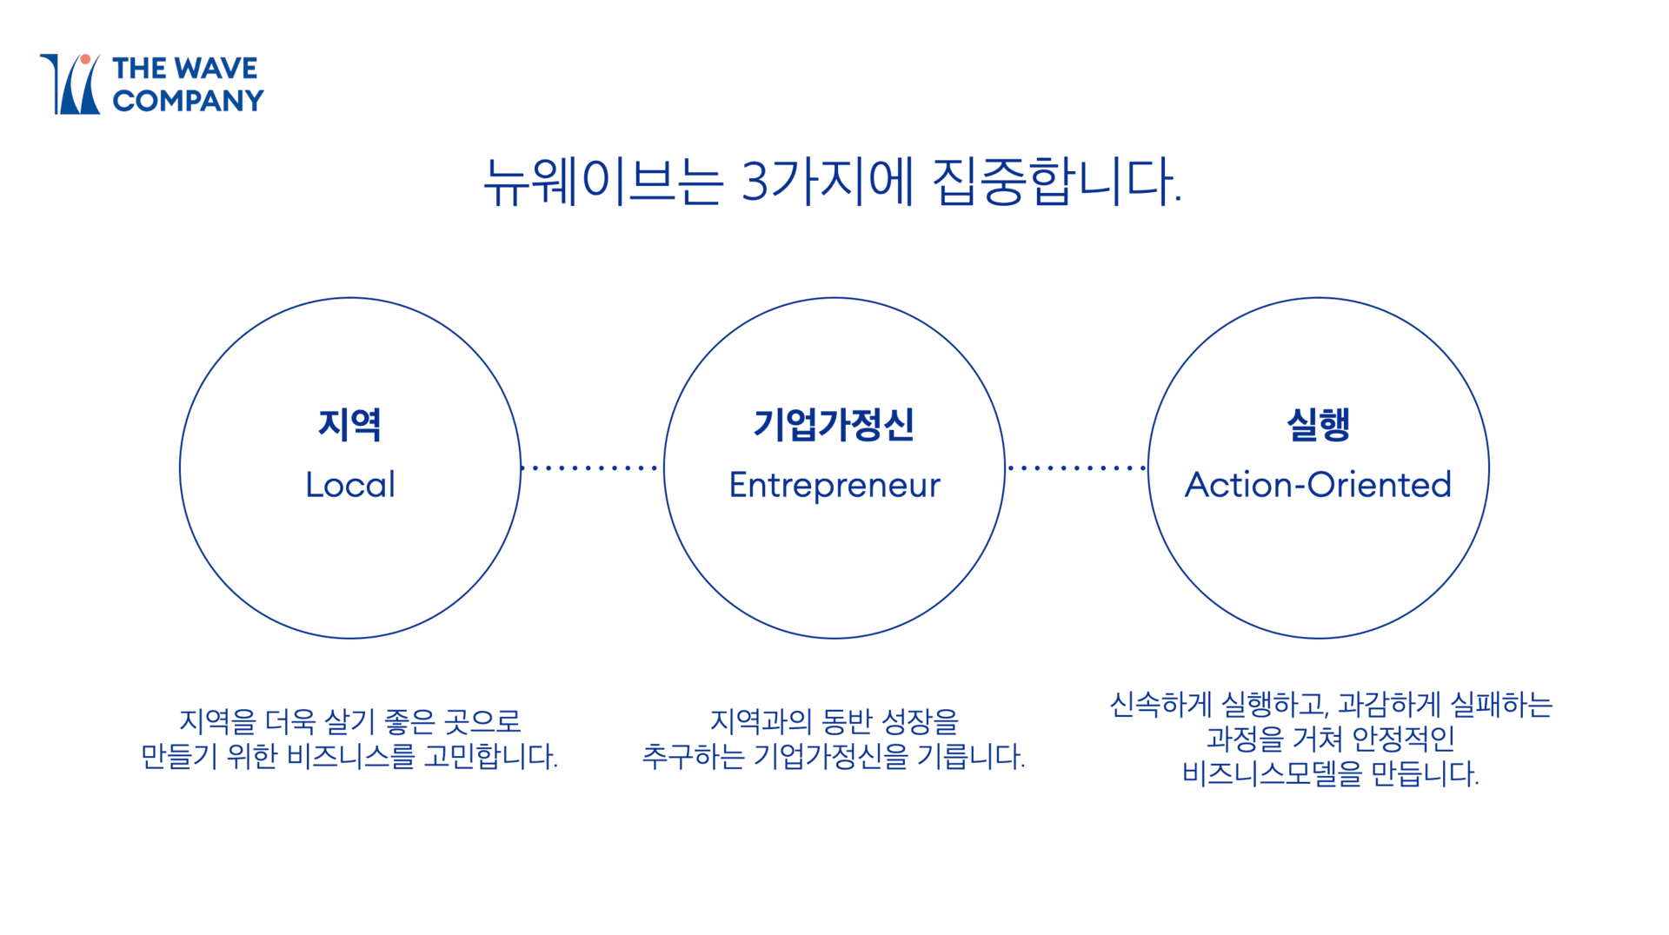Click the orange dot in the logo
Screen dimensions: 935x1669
coord(85,60)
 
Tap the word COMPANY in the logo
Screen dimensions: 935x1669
coord(188,101)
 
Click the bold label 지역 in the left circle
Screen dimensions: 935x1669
coord(349,424)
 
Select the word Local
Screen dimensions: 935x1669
coord(349,485)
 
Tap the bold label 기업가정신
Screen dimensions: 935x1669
coord(834,424)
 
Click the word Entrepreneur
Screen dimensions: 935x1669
coord(834,485)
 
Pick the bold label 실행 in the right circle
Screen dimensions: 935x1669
coord(1318,424)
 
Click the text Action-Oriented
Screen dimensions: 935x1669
coord(1318,485)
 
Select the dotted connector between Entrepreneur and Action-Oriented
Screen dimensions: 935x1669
coord(1076,467)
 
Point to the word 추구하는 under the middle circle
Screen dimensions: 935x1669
coord(693,756)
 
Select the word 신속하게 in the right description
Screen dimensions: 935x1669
coord(1160,704)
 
